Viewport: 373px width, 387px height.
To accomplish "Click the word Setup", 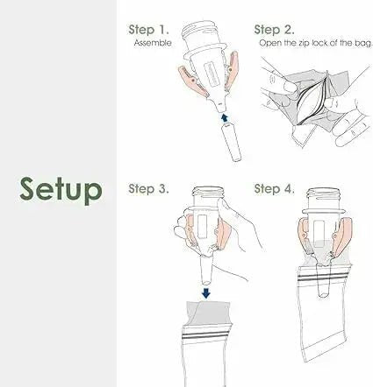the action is (x=61, y=189).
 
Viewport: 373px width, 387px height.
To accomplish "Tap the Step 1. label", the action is (x=148, y=30).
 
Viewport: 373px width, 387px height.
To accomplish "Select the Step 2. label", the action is (x=274, y=30).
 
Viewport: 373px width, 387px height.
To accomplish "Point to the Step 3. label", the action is (x=148, y=188).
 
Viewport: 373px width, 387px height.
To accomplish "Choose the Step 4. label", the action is (x=274, y=188).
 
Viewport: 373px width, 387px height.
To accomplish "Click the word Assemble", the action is (x=153, y=43).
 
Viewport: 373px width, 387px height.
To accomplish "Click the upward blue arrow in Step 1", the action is (x=225, y=118).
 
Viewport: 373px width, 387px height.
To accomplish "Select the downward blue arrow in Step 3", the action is (x=206, y=293).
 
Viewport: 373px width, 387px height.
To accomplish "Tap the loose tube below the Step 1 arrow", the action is (x=233, y=143).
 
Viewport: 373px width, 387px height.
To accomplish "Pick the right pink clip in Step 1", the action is (x=231, y=69).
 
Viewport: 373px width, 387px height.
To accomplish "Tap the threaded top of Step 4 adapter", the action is (x=323, y=194).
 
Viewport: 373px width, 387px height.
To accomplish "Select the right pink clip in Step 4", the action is (x=343, y=236).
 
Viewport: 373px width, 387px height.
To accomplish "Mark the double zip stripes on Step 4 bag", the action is (x=323, y=278).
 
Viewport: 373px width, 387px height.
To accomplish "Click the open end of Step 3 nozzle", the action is (x=206, y=282).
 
